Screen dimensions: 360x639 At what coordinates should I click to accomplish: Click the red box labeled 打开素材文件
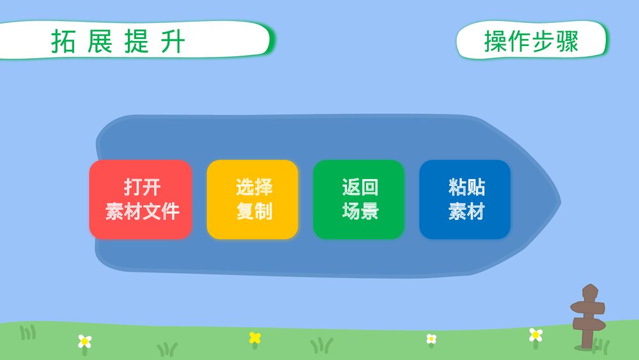[x=141, y=200]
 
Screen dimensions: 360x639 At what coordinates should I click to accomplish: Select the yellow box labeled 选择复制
[x=252, y=200]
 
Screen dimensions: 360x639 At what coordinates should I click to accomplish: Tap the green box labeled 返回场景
[x=358, y=200]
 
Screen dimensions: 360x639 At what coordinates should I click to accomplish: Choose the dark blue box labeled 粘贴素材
[x=465, y=200]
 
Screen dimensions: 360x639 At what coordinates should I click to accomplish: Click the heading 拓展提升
[x=119, y=42]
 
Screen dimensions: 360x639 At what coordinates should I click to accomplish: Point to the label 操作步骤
[x=531, y=42]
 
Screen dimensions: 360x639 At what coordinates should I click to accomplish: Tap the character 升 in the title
[x=174, y=42]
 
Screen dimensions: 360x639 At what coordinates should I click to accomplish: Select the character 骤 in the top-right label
[x=567, y=42]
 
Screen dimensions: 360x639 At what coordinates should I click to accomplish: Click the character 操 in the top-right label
[x=495, y=42]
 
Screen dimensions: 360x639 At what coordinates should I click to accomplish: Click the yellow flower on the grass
[x=255, y=337]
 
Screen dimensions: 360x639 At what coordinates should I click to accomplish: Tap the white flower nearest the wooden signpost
[x=535, y=334]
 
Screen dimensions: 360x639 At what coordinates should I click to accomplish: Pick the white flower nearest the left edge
[x=84, y=341]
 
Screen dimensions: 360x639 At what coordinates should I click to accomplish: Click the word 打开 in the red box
[x=141, y=188]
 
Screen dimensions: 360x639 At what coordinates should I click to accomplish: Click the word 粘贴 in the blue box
[x=466, y=188]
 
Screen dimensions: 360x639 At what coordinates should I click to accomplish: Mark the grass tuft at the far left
[x=27, y=333]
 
